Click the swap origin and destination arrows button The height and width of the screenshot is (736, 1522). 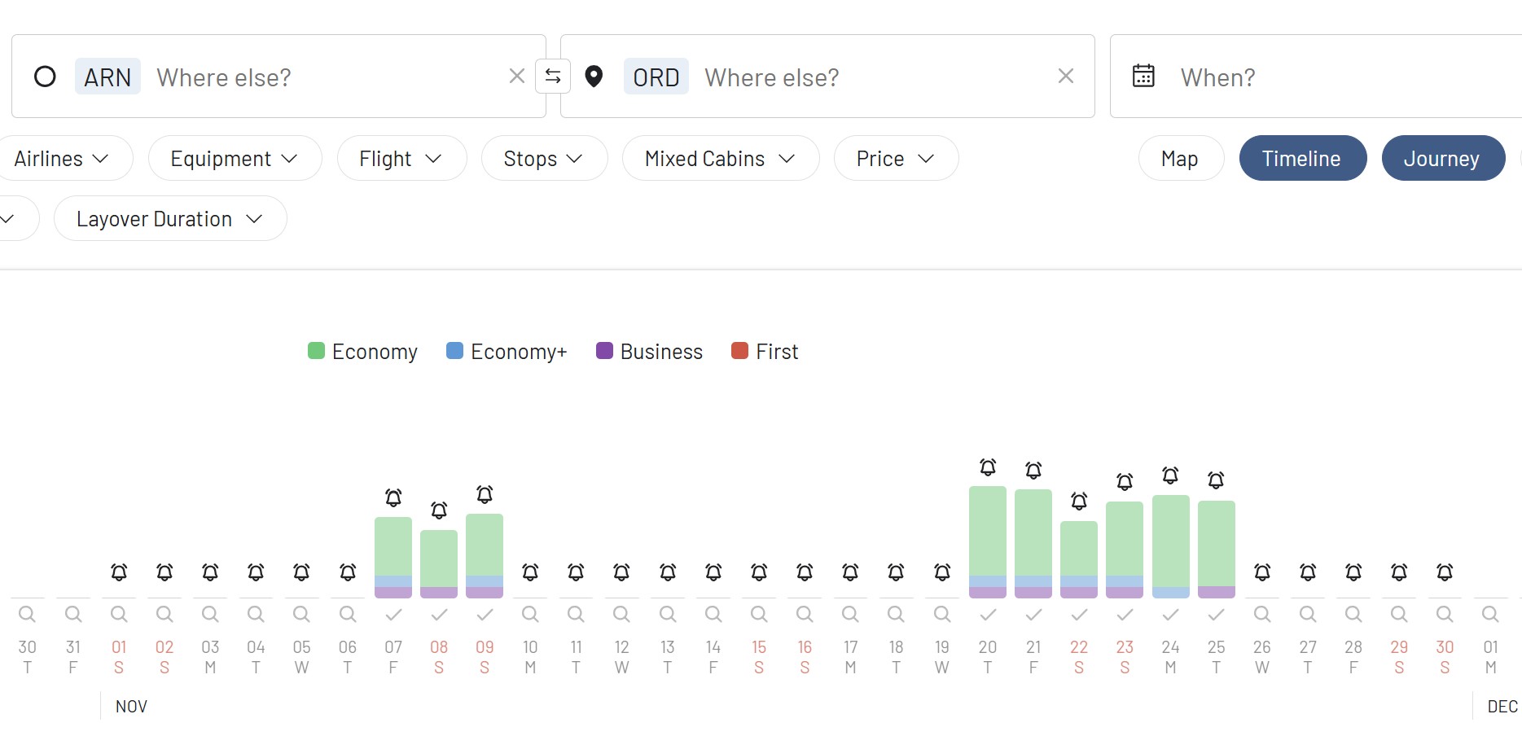pyautogui.click(x=553, y=77)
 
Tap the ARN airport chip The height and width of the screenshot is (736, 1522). pyautogui.click(x=107, y=77)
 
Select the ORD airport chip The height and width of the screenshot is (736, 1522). pyautogui.click(x=656, y=77)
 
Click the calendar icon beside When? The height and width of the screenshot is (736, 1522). pyautogui.click(x=1143, y=76)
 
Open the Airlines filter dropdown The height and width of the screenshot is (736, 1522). pyautogui.click(x=62, y=159)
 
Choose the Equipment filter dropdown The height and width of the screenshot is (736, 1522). pyautogui.click(x=235, y=159)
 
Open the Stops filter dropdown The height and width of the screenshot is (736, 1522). pyautogui.click(x=543, y=159)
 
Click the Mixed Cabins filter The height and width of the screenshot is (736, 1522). pyautogui.click(x=720, y=159)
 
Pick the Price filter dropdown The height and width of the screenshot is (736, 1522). pyautogui.click(x=895, y=159)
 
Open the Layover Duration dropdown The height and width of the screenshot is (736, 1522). pyautogui.click(x=169, y=219)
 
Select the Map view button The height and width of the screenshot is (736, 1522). pyautogui.click(x=1179, y=159)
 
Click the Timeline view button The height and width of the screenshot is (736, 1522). pyautogui.click(x=1301, y=159)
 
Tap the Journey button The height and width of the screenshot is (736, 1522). pyautogui.click(x=1441, y=159)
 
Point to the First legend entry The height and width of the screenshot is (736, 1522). pyautogui.click(x=765, y=352)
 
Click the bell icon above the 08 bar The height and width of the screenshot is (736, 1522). pyautogui.click(x=439, y=510)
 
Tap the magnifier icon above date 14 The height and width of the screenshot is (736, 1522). pyautogui.click(x=713, y=614)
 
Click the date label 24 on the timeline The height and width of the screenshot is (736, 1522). pyautogui.click(x=1170, y=647)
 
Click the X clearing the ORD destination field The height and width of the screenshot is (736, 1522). pyautogui.click(x=1065, y=77)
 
